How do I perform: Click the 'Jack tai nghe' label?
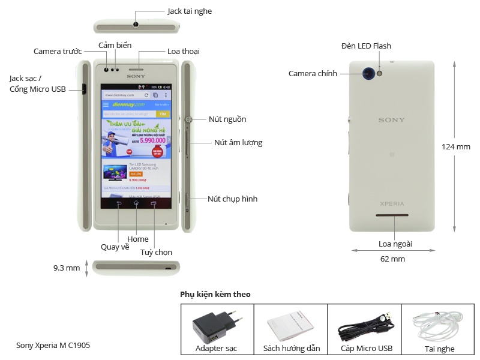pyautogui.click(x=189, y=11)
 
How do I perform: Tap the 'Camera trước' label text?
pyautogui.click(x=58, y=52)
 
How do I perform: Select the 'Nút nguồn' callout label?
pyautogui.click(x=227, y=119)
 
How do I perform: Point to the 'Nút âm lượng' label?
pyautogui.click(x=238, y=143)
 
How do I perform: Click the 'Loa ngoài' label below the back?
pyautogui.click(x=395, y=244)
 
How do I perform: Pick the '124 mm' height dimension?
pyautogui.click(x=456, y=146)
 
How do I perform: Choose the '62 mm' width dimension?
pyautogui.click(x=393, y=259)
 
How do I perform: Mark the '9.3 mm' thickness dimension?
pyautogui.click(x=67, y=268)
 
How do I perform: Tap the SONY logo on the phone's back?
pyautogui.click(x=391, y=120)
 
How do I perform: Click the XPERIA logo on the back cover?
pyautogui.click(x=391, y=203)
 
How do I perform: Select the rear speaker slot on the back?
pyautogui.click(x=392, y=215)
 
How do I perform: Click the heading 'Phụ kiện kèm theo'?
pyautogui.click(x=215, y=295)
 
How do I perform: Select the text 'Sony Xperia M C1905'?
pyautogui.click(x=53, y=346)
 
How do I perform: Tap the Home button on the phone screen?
pyautogui.click(x=136, y=203)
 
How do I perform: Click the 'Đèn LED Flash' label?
pyautogui.click(x=366, y=46)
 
